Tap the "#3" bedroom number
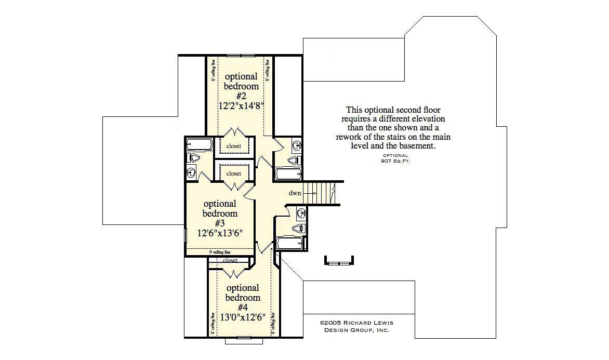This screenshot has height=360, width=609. (220, 223)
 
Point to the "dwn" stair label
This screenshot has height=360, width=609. (295, 193)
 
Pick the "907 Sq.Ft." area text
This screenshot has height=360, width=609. (396, 161)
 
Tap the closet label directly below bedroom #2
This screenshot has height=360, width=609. (234, 146)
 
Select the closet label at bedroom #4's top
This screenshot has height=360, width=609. (230, 260)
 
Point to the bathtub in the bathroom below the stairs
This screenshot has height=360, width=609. (290, 243)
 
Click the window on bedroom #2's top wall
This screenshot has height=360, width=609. (241, 55)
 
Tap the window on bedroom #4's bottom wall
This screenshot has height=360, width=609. (243, 338)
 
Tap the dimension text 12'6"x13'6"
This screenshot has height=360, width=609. (220, 233)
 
